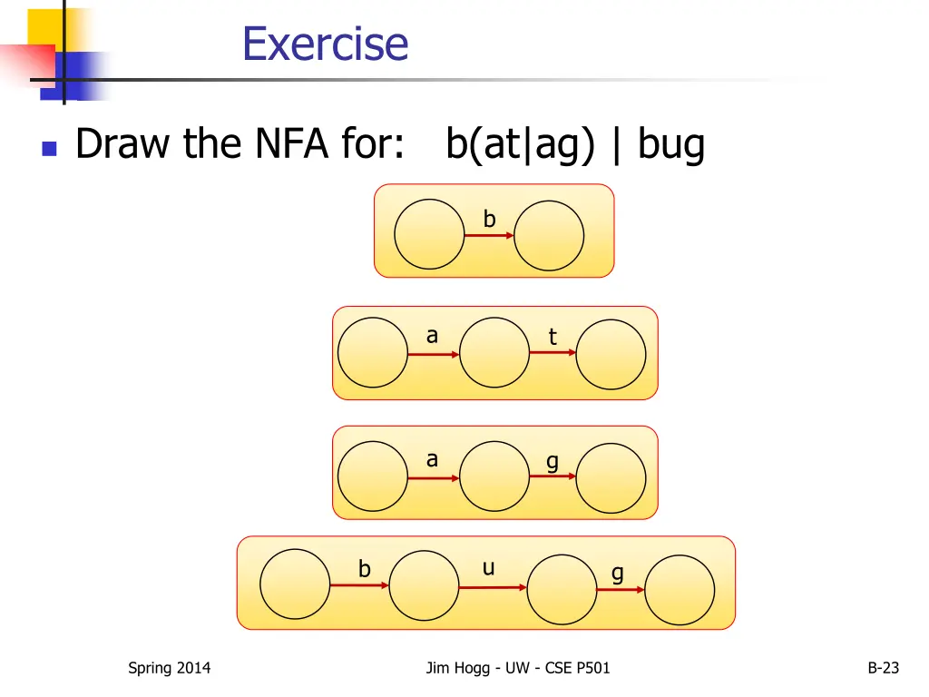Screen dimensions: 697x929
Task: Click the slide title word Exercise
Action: tap(325, 44)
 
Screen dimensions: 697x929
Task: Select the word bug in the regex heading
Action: tap(670, 144)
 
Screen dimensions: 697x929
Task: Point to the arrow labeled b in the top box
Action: tap(490, 236)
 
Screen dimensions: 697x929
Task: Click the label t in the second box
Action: tap(552, 338)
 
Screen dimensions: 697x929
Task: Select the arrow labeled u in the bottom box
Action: tap(493, 587)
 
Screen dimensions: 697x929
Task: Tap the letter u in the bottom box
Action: tap(488, 568)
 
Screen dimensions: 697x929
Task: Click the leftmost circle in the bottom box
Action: tap(295, 584)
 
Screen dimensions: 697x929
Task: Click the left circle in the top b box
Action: tap(429, 234)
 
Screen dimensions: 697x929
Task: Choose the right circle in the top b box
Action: tap(549, 234)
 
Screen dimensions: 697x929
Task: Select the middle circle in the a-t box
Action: tap(494, 352)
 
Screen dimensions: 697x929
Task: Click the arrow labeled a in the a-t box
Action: tap(434, 354)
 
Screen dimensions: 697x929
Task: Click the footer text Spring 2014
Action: tap(169, 668)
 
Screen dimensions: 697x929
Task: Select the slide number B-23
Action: tap(883, 668)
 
